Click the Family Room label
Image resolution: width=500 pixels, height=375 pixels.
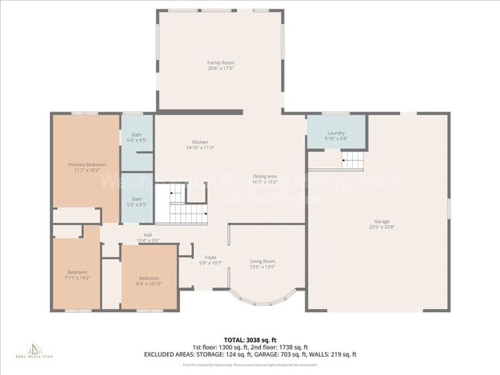tap(220, 62)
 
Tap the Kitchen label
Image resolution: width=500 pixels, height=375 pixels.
tap(200, 142)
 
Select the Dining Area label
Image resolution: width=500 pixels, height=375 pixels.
tap(265, 177)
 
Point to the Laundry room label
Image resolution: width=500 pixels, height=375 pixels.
tap(336, 133)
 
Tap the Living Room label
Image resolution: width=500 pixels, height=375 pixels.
tap(263, 261)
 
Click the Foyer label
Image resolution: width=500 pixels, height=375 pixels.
tap(210, 257)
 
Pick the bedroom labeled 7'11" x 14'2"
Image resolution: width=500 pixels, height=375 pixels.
tap(77, 275)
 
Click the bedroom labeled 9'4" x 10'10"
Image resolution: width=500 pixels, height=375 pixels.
tap(148, 280)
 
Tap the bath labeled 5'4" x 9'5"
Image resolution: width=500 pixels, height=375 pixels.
tap(136, 138)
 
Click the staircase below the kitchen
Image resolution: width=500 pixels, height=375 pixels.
tap(188, 210)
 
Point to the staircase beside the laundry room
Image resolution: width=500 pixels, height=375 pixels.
tap(351, 160)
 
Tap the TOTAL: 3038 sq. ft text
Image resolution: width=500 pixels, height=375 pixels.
tap(250, 339)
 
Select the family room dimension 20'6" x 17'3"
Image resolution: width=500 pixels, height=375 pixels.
tap(220, 68)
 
